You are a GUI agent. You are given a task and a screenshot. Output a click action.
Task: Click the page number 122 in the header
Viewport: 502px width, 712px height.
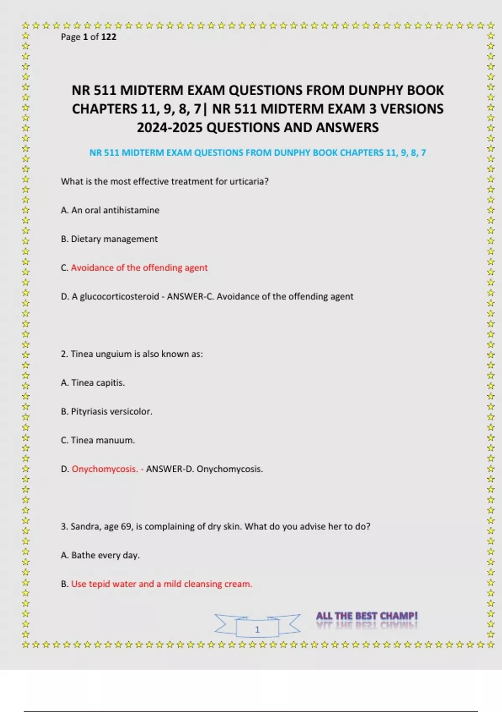[x=109, y=37]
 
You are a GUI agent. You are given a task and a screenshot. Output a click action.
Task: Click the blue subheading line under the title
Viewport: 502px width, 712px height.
[x=257, y=153]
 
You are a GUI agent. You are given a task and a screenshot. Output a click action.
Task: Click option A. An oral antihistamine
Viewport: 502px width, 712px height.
[x=110, y=210]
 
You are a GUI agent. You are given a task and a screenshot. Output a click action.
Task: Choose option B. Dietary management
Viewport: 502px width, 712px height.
[x=109, y=239]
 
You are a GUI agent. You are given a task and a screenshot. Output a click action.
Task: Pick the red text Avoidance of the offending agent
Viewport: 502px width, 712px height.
[x=139, y=268]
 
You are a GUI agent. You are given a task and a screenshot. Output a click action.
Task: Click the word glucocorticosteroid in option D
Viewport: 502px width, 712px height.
[x=119, y=297]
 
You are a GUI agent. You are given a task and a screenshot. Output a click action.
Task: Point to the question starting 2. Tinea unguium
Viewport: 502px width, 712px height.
[x=132, y=354]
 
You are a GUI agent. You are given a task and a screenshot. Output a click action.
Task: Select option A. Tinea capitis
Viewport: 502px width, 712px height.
[x=93, y=383]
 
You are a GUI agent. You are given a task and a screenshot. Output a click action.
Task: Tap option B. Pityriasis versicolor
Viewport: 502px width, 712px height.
[x=107, y=412]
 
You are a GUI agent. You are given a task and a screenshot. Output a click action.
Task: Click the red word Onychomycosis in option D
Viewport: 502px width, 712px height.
[x=105, y=469]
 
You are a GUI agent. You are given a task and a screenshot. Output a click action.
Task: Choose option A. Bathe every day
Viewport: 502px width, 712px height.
[x=100, y=555]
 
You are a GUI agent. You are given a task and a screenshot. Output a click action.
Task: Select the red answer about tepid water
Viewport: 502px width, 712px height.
[x=161, y=584]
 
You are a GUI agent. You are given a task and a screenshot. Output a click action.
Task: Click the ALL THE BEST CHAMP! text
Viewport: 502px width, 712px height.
[x=367, y=616]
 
